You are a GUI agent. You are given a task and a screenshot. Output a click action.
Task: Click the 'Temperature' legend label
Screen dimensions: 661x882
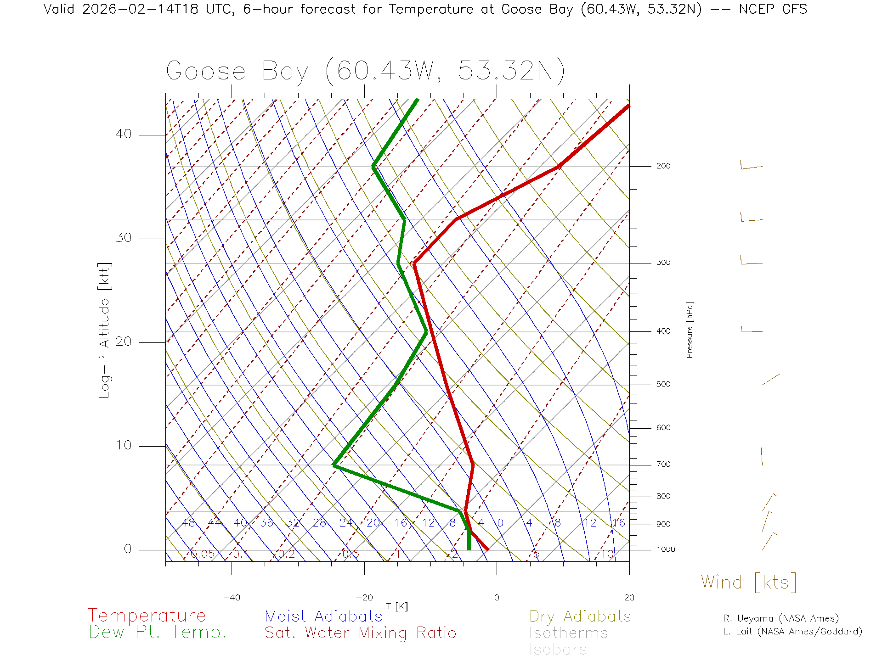pos(147,615)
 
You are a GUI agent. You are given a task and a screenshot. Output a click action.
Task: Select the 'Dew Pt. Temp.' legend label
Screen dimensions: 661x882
pos(158,633)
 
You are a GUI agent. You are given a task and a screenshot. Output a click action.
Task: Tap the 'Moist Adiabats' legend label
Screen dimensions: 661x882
pos(323,616)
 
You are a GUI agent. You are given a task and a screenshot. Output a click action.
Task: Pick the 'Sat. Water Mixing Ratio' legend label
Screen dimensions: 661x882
pos(360,633)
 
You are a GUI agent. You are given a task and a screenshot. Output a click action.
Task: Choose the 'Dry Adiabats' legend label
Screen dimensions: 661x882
pos(580,616)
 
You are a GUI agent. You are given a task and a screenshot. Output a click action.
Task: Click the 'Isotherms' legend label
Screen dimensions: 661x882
pos(568,633)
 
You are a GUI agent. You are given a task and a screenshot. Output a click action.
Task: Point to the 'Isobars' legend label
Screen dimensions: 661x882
pos(558,650)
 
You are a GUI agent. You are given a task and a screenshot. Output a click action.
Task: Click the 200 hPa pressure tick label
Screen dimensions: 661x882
pos(663,166)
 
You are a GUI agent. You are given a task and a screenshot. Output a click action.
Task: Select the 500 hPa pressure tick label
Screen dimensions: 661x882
pos(663,385)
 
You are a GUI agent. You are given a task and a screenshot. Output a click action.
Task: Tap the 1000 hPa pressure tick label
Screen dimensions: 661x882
pos(666,549)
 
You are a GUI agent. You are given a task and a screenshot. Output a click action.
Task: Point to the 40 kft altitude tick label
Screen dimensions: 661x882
pos(123,134)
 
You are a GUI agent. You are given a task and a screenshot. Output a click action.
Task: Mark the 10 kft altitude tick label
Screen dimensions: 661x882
pos(123,445)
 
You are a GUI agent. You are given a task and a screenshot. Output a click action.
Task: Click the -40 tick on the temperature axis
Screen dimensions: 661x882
pos(232,598)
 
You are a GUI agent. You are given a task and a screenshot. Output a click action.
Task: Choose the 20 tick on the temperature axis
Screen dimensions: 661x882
pos(629,598)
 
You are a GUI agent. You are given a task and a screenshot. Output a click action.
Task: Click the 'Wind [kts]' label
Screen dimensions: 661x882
pos(749,583)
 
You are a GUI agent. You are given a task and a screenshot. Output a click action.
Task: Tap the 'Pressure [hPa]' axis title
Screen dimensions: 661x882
pos(690,330)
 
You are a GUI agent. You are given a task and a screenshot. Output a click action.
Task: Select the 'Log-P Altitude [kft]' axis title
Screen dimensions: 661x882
pos(105,330)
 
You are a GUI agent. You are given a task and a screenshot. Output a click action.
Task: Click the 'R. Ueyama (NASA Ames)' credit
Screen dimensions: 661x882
pos(780,619)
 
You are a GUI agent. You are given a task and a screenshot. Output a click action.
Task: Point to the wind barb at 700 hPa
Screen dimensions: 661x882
pos(762,454)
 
